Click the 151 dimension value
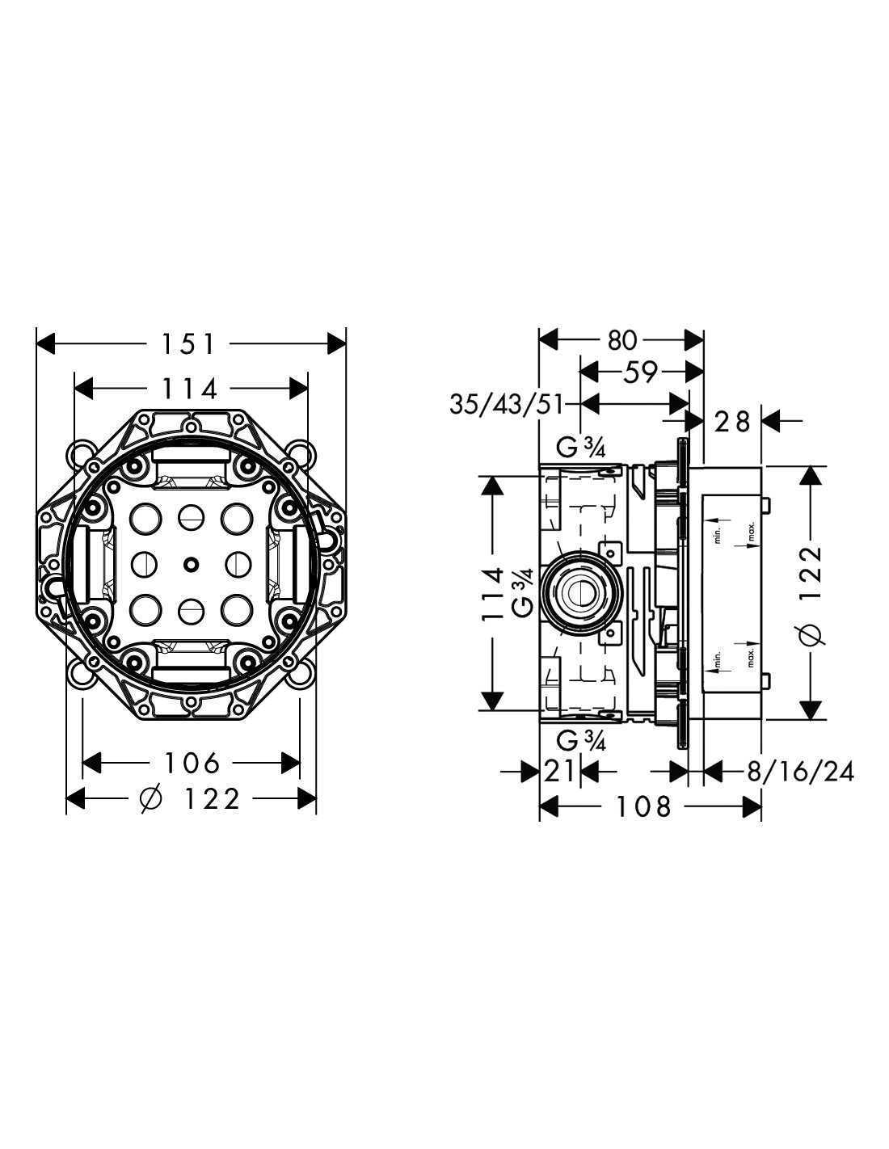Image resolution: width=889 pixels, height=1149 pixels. tap(188, 344)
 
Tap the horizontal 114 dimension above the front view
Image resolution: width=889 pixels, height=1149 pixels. tap(189, 389)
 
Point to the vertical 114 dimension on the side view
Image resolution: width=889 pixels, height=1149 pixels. tap(492, 595)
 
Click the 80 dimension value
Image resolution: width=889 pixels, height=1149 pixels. tap(621, 340)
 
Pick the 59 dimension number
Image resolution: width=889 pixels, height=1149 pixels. tap(640, 372)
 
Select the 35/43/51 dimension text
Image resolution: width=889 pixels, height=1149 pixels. tap(505, 405)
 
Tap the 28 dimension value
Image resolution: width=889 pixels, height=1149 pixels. tap(732, 422)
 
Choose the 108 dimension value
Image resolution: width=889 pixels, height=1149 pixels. tap(643, 807)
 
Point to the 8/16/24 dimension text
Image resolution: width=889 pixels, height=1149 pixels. tap(800, 772)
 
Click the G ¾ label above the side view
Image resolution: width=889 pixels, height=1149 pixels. tap(580, 448)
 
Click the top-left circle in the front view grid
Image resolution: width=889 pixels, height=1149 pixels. tap(145, 519)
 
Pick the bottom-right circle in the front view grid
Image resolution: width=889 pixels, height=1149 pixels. tap(236, 610)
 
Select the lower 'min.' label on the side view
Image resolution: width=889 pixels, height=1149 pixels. tap(718, 660)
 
